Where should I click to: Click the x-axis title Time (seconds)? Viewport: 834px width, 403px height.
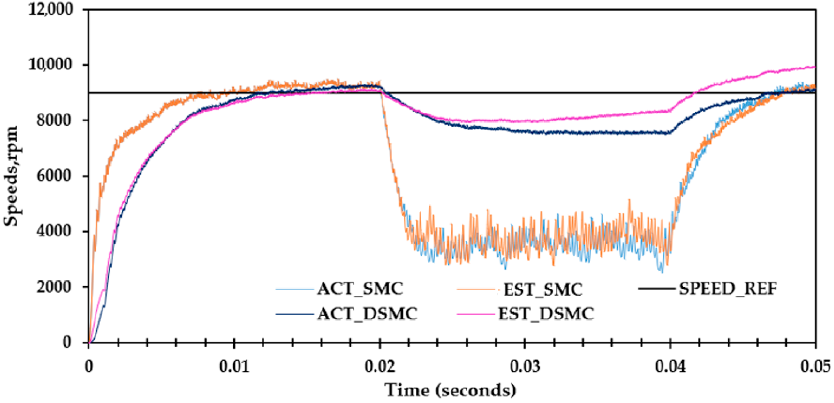(450, 390)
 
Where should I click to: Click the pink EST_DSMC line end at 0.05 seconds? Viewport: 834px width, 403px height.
(814, 67)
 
